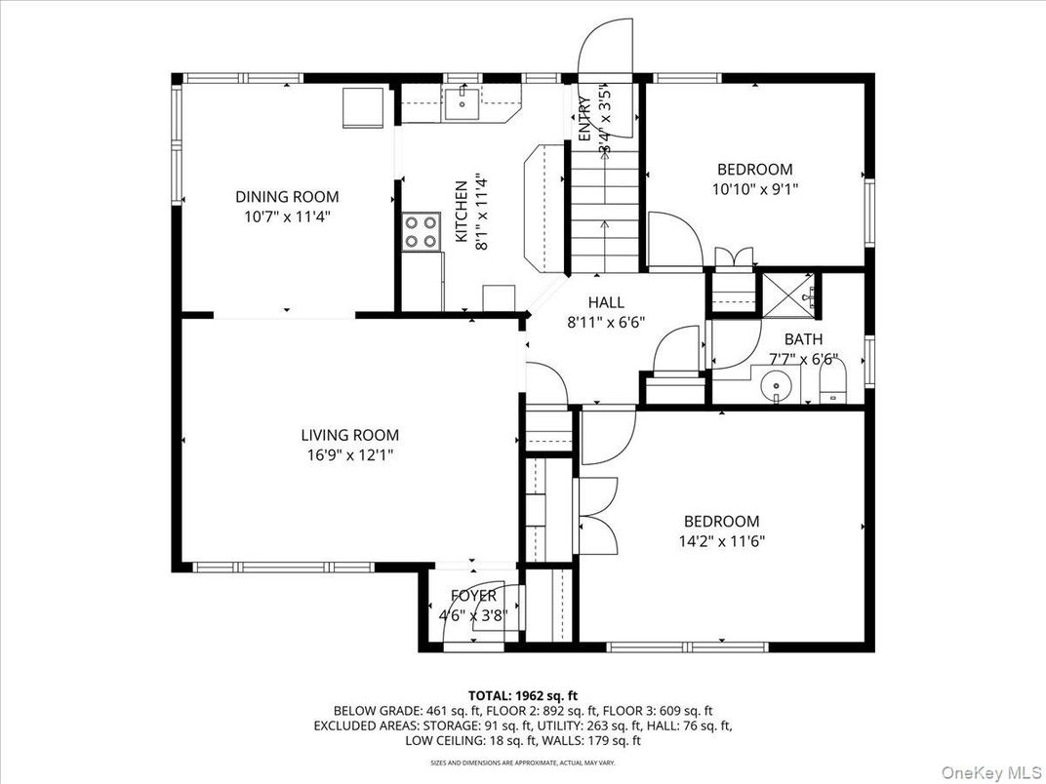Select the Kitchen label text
click(x=460, y=212)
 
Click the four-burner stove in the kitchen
click(x=422, y=232)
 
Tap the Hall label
click(x=605, y=302)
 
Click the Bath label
click(x=803, y=339)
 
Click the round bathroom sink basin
click(x=778, y=383)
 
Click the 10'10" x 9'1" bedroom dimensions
click(x=754, y=189)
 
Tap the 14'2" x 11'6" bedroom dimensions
click(x=721, y=541)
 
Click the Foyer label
click(x=473, y=596)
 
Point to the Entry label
click(x=583, y=119)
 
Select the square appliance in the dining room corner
click(x=364, y=106)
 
